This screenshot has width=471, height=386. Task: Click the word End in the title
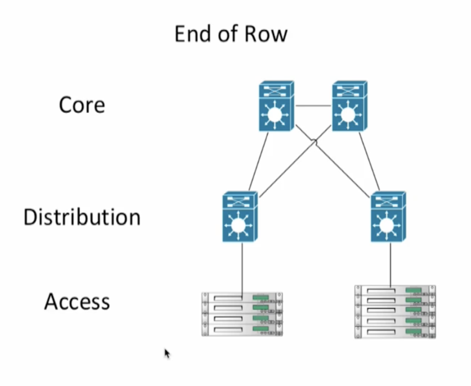tap(193, 34)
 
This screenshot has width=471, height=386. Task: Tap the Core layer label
tap(82, 105)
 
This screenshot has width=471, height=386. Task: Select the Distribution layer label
tap(82, 217)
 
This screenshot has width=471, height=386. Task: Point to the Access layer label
tap(77, 302)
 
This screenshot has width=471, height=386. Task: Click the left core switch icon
tap(276, 106)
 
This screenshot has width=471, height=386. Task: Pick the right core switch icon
tap(350, 106)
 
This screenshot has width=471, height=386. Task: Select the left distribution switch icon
tap(240, 216)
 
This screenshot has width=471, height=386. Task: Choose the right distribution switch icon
tap(388, 216)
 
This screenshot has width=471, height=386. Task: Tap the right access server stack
tap(395, 312)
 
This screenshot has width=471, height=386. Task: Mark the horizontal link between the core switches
tap(313, 106)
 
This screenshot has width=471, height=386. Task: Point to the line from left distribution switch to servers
tap(242, 267)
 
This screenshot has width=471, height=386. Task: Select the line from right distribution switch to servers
tap(391, 263)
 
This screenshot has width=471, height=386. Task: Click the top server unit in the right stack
tap(395, 290)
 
